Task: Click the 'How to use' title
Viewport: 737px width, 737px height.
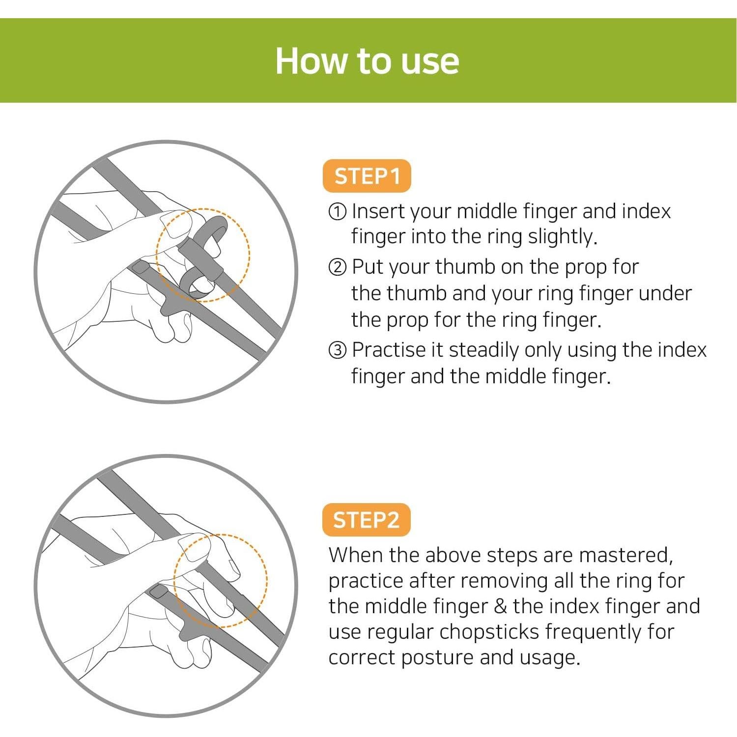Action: pos(368,61)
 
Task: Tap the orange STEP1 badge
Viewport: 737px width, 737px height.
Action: pos(367,176)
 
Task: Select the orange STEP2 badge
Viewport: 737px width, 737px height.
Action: pos(366,520)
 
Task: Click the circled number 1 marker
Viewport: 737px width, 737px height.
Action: pos(338,212)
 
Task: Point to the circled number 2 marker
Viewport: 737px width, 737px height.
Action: pos(338,268)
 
